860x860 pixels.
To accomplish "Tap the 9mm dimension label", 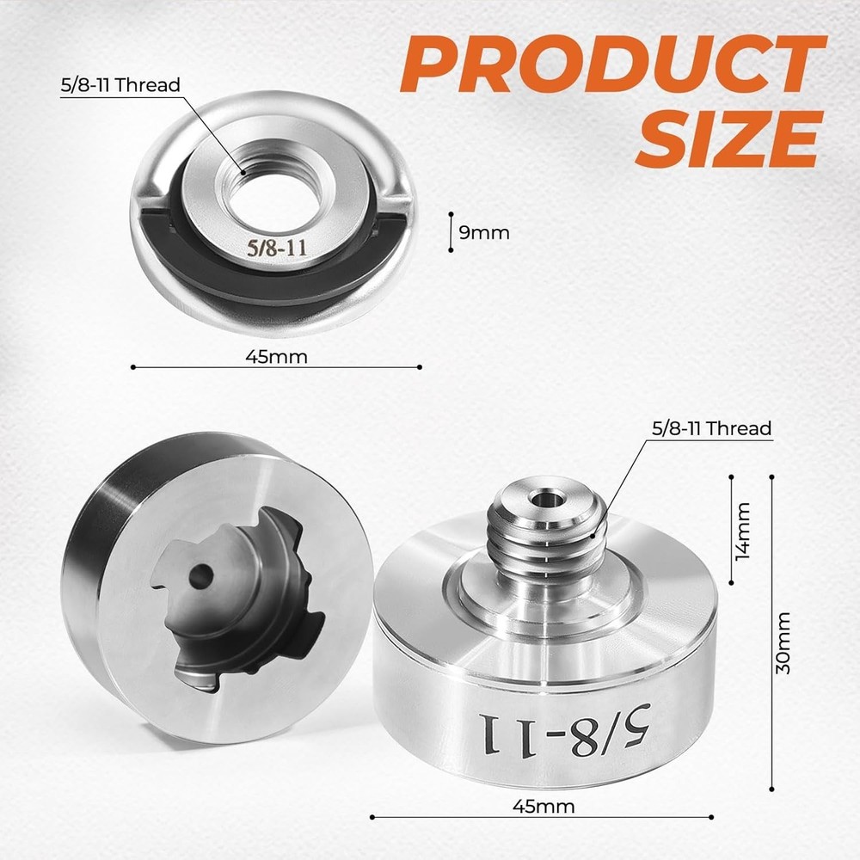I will (483, 232).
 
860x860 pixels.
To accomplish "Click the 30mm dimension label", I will (784, 642).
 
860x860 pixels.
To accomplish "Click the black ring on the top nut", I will (258, 279).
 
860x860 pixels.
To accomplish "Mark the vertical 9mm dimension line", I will (451, 232).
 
